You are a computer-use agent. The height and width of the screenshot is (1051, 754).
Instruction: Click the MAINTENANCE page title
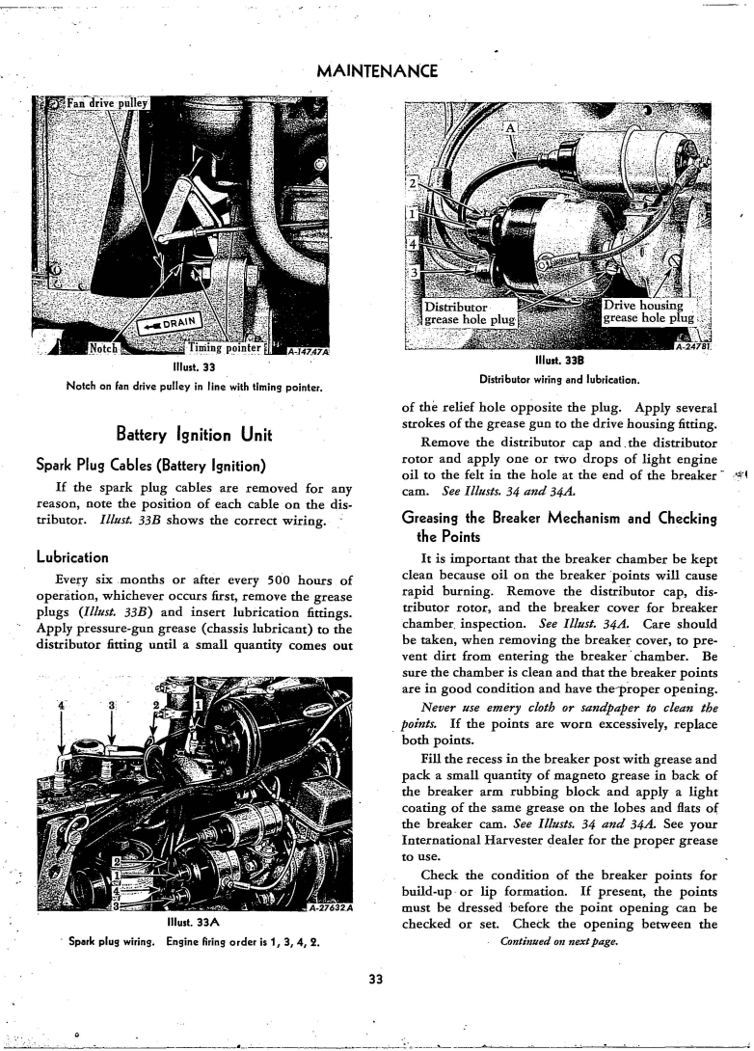pyautogui.click(x=377, y=70)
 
